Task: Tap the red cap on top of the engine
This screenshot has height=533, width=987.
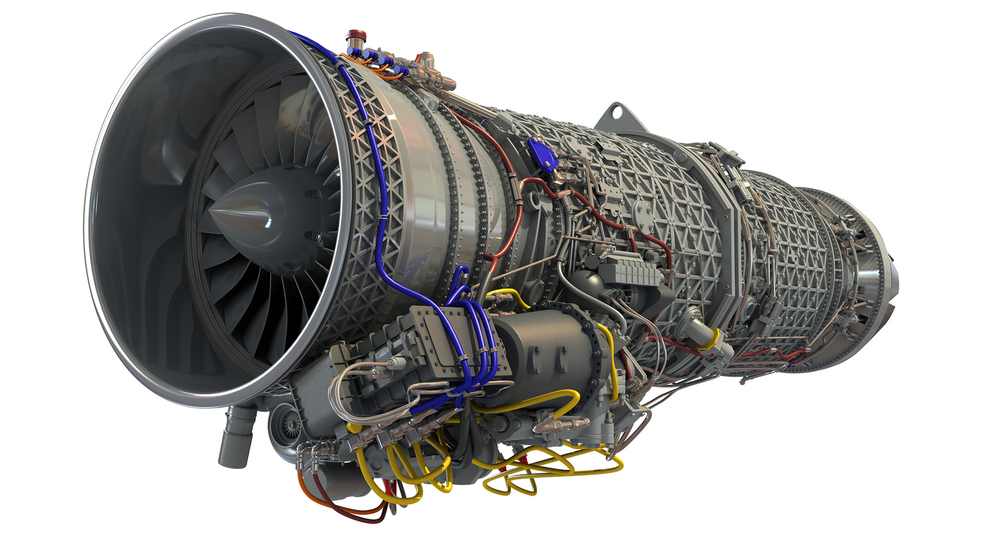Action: [356, 35]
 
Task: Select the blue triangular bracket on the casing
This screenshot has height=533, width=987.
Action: [542, 153]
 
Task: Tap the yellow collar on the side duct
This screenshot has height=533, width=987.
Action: [715, 337]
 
